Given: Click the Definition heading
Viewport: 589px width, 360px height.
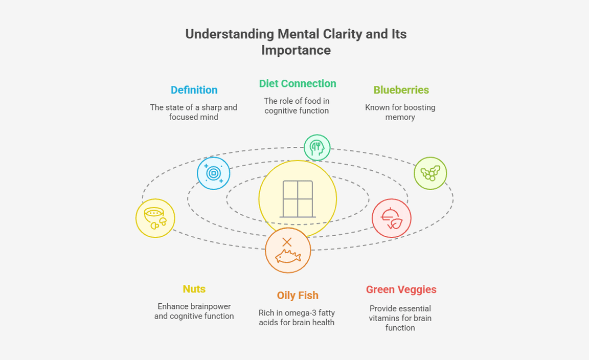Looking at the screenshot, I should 194,90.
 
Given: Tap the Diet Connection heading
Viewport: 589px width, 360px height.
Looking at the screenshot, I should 297,84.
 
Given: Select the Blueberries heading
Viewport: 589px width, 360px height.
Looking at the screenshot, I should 401,90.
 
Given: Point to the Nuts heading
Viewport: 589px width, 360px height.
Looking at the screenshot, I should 194,289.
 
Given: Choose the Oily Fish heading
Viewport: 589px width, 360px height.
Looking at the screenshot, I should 297,296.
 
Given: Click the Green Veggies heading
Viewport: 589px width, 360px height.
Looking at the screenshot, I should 401,290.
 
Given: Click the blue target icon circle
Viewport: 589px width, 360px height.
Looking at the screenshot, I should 213,173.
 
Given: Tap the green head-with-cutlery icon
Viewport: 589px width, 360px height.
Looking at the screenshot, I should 317,148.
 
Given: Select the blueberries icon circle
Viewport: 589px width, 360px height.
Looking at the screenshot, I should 430,173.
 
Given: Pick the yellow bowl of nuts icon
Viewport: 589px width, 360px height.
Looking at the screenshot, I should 155,218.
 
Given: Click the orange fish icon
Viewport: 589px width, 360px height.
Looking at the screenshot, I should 288,251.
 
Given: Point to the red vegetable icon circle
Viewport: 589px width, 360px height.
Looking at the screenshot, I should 391,218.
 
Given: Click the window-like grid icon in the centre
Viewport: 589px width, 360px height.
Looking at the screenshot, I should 298,199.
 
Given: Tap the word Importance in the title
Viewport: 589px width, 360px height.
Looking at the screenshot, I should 296,51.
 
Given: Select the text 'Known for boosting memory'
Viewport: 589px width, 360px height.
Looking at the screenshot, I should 400,112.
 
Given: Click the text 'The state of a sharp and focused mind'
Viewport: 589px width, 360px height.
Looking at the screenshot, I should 194,112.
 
